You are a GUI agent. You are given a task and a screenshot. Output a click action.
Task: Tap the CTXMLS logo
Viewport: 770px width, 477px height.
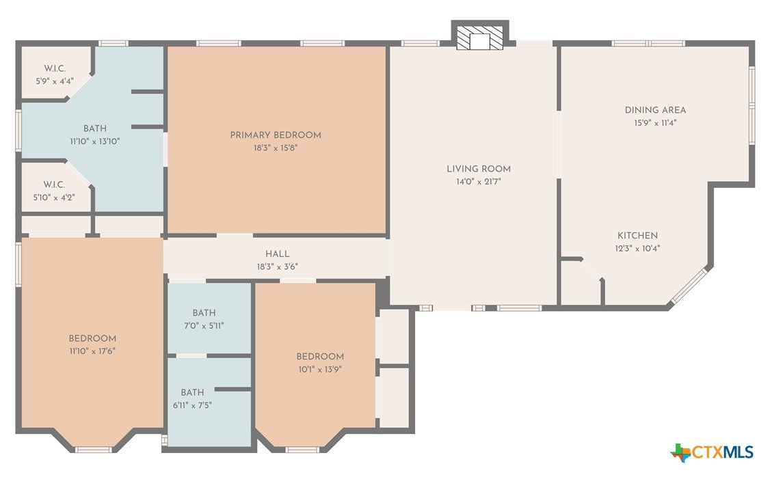pyautogui.click(x=712, y=452)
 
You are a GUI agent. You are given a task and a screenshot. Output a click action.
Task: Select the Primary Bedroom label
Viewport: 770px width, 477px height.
pyautogui.click(x=276, y=135)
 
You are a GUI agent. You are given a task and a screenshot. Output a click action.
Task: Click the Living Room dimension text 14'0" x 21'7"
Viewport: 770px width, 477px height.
pyautogui.click(x=479, y=182)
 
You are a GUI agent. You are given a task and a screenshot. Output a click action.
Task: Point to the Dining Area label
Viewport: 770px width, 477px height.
pyautogui.click(x=655, y=110)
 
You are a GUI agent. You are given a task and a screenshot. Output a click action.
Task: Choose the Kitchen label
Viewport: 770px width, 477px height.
pyautogui.click(x=637, y=236)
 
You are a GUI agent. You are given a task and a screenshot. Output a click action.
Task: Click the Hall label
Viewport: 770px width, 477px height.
pyautogui.click(x=278, y=254)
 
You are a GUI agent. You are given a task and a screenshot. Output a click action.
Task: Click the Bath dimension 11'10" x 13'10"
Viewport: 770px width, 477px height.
pyautogui.click(x=95, y=141)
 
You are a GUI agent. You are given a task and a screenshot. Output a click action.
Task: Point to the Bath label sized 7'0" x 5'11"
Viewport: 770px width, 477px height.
pyautogui.click(x=204, y=312)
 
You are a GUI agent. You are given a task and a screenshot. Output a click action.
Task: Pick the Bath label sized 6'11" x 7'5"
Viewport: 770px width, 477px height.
pyautogui.click(x=192, y=392)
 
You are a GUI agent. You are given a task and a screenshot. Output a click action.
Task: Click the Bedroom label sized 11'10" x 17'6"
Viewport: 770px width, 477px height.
pyautogui.click(x=92, y=338)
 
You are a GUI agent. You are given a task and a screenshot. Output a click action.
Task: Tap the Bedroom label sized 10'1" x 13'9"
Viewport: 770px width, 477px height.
pyautogui.click(x=319, y=356)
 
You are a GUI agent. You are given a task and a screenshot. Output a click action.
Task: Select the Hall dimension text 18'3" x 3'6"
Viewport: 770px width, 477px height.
pyautogui.click(x=278, y=267)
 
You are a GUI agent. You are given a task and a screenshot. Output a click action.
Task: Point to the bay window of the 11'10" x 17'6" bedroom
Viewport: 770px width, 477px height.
pyautogui.click(x=93, y=450)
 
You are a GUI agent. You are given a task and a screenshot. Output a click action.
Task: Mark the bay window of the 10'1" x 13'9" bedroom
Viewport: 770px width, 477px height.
pyautogui.click(x=302, y=450)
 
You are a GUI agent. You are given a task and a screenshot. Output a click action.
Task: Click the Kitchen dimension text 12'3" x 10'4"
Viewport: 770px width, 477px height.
pyautogui.click(x=637, y=248)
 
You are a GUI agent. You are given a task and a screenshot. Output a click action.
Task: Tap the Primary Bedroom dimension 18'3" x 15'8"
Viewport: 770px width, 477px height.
pyautogui.click(x=276, y=148)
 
